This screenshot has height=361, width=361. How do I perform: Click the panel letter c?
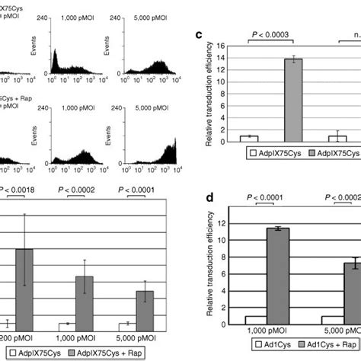[x=200, y=34]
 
